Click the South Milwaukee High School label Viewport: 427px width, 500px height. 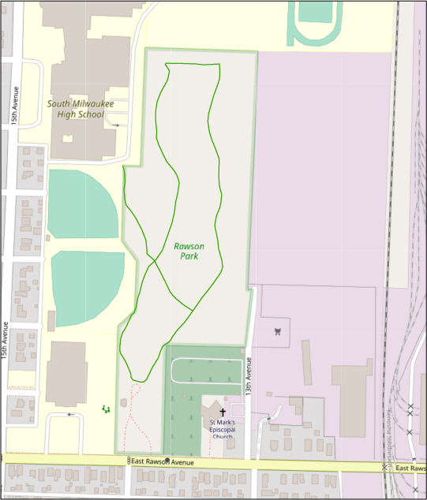tap(81, 109)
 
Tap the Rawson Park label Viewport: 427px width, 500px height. tap(189, 251)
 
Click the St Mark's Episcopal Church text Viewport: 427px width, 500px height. tap(222, 430)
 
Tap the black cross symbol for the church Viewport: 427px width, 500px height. tap(223, 412)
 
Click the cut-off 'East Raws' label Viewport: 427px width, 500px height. tap(411, 468)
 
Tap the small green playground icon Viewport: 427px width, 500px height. tap(106, 409)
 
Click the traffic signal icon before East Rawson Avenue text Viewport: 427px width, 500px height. tap(128, 461)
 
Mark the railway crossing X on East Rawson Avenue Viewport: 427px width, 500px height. tap(384, 468)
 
